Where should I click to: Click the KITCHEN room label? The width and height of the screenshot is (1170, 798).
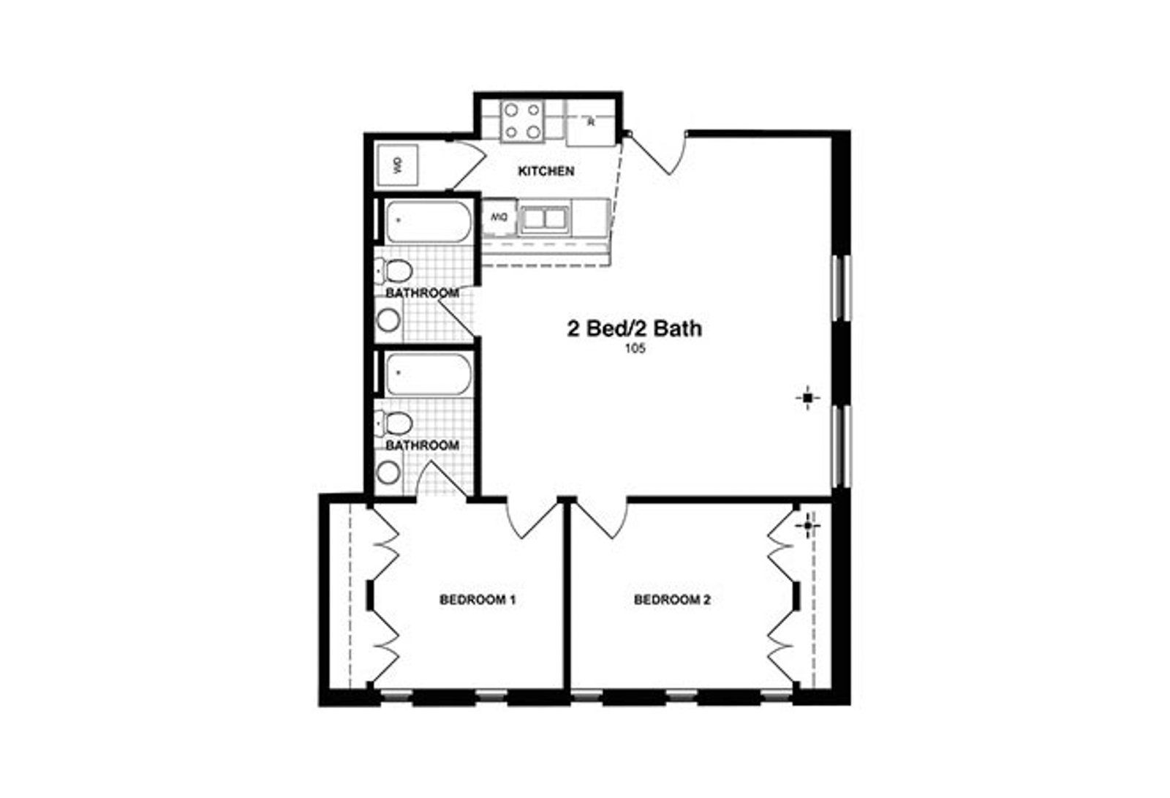click(546, 171)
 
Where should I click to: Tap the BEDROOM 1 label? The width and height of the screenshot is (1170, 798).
click(478, 600)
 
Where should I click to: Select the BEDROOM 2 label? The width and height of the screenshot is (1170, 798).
click(672, 600)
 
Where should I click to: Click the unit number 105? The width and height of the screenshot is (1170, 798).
click(635, 349)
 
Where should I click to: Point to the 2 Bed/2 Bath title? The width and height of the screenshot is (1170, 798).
click(635, 328)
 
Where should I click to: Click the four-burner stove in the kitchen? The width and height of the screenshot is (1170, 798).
click(523, 121)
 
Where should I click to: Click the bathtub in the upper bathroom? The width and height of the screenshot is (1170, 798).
click(427, 222)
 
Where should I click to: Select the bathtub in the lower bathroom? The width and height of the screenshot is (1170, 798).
click(427, 374)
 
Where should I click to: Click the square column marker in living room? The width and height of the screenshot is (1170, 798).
click(807, 398)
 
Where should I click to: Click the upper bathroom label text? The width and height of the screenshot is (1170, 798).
click(423, 293)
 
